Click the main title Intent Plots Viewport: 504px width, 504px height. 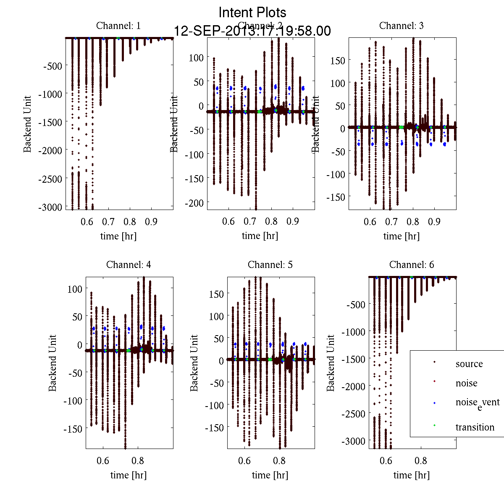click(252, 13)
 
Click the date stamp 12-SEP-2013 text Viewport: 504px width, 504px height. click(252, 31)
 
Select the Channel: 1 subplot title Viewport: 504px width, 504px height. click(118, 26)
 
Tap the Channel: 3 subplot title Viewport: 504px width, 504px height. click(402, 26)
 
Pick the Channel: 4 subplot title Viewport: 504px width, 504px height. click(129, 265)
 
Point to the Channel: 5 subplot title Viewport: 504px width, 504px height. click(270, 265)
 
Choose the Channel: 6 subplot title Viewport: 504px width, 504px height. click(412, 265)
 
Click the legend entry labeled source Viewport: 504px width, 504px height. click(469, 364)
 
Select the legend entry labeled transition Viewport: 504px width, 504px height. click(475, 427)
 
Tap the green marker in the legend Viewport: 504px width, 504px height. click(434, 426)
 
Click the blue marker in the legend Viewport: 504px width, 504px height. click(434, 403)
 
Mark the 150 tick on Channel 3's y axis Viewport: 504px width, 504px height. click(338, 60)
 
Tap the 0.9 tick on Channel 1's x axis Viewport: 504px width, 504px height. click(151, 221)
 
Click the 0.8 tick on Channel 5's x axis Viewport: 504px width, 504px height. click(279, 461)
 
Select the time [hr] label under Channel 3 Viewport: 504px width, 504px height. click(402, 236)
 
